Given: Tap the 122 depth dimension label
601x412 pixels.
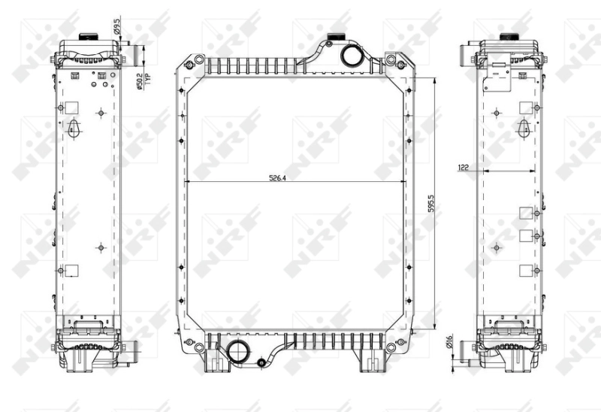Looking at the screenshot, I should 464,168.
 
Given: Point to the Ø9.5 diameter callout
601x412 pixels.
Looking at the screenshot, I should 119,29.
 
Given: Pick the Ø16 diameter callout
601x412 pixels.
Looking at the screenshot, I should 448,343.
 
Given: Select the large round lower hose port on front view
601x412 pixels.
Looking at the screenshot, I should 240,351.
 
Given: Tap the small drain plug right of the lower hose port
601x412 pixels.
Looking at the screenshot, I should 261,363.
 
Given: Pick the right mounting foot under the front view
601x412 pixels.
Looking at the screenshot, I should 370,364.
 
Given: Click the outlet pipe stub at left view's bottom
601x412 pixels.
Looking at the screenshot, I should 133,350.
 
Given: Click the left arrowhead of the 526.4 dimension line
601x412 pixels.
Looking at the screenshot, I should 187,182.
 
